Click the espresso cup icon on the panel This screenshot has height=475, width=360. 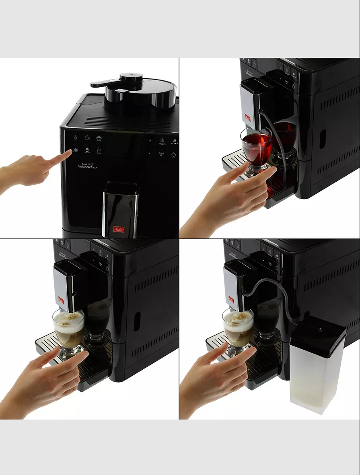tap(75, 137)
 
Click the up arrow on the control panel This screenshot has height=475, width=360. tap(150, 140)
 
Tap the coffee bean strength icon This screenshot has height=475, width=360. tap(174, 141)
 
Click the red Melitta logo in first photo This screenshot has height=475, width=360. tap(119, 230)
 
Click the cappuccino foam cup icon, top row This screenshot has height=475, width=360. tap(99, 137)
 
